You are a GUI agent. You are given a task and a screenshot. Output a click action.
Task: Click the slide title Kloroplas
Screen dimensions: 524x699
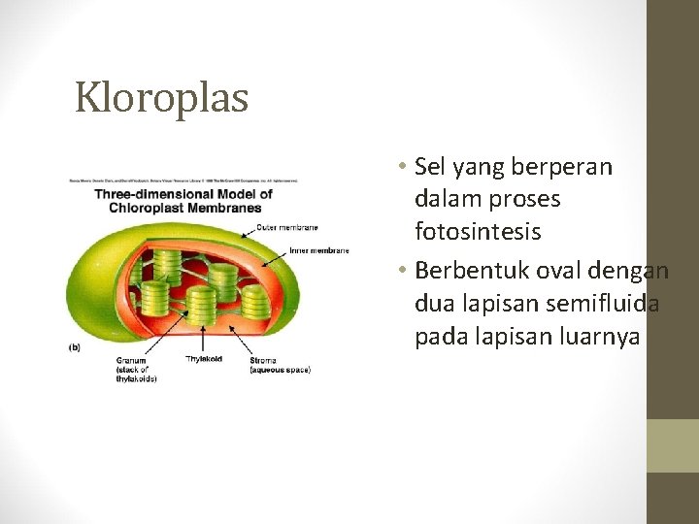[x=162, y=97]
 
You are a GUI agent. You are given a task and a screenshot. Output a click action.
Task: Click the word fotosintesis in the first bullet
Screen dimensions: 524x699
[x=478, y=233]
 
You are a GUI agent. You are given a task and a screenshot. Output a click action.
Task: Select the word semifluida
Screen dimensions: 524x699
[x=601, y=304]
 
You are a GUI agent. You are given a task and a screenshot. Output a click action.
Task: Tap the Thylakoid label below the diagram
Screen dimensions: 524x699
[x=204, y=360]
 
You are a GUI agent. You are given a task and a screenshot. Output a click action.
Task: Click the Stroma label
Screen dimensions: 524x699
[x=263, y=360]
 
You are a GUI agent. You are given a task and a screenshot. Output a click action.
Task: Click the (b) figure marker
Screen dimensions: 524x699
[x=75, y=347]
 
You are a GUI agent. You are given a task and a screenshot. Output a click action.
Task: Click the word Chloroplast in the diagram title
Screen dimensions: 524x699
[x=148, y=207]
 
